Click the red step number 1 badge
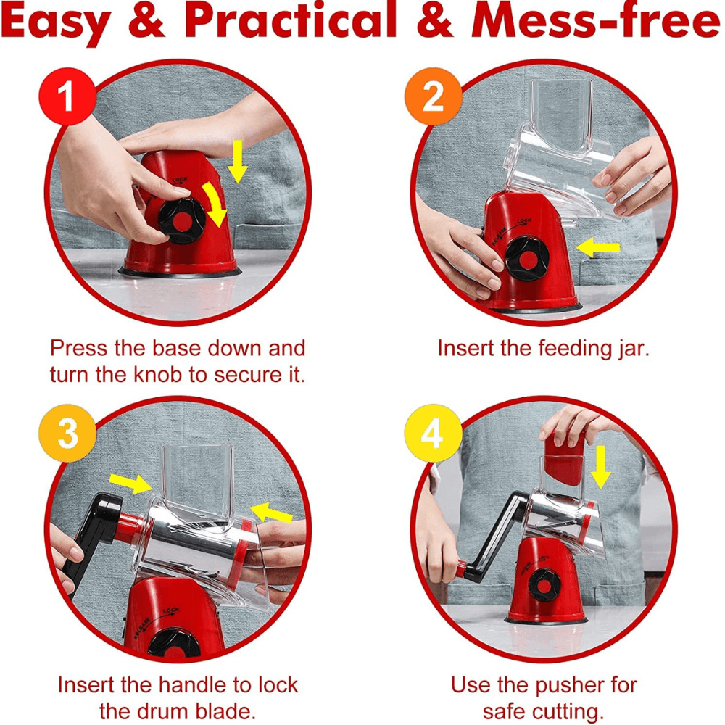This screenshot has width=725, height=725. [x=67, y=96]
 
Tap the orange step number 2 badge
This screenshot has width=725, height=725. [x=434, y=96]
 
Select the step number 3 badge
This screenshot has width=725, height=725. [x=67, y=434]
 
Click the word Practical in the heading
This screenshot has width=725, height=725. [x=291, y=22]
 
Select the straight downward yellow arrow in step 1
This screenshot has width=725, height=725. [x=238, y=162]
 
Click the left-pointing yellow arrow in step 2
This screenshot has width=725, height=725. [x=598, y=247]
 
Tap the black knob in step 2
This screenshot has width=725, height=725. [x=526, y=259]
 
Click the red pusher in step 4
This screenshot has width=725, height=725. [x=565, y=457]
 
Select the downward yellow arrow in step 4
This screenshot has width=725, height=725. [x=601, y=467]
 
